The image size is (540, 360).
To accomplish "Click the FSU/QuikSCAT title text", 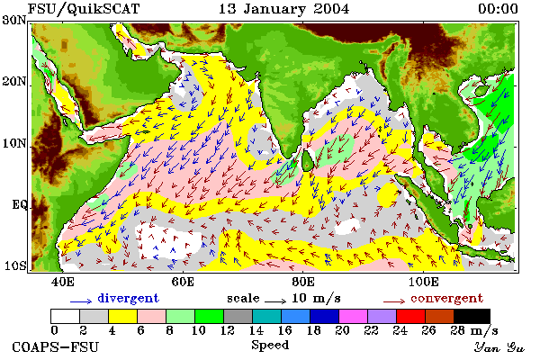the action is point(84,9).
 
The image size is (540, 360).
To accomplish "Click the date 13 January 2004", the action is point(283,9).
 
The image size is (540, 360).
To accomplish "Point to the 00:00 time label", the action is point(498,9).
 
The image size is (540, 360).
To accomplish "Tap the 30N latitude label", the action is point(13,20).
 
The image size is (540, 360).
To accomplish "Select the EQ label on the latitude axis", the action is point(19,205).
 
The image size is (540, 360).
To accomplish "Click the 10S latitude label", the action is point(14,265).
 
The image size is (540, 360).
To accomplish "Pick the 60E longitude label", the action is point(183,282).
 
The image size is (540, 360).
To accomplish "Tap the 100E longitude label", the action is point(424,282).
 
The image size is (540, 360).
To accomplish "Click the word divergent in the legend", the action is point(128,298).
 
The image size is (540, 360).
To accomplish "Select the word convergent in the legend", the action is point(446,298).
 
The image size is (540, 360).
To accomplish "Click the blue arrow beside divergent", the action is point(81,301).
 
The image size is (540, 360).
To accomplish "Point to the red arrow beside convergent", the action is point(394,301).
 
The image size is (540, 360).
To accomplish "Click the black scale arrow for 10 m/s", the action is point(275,301).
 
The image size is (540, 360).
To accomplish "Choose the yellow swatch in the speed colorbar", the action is point(122,316).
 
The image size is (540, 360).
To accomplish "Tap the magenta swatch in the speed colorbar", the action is point(354,316).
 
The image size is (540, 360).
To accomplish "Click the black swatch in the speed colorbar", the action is point(472,316).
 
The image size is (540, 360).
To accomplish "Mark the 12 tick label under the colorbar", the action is point(227,330).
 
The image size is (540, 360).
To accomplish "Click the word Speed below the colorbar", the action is point(270,346).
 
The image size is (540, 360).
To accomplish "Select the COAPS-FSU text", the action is point(56,346).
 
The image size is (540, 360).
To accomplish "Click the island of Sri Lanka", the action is point(308,160).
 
